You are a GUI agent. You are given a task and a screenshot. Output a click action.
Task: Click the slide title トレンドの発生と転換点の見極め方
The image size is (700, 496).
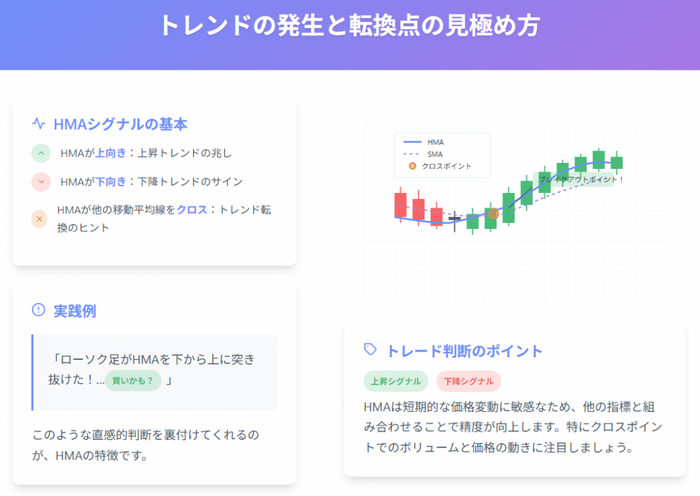click(x=349, y=25)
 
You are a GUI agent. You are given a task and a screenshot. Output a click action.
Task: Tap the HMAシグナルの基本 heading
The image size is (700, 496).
click(x=120, y=125)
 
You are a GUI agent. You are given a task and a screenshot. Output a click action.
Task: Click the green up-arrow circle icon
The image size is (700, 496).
click(x=41, y=153)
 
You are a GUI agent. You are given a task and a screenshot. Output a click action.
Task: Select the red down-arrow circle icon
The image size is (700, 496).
click(x=41, y=182)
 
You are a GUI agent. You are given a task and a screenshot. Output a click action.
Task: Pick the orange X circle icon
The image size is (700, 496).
click(x=39, y=219)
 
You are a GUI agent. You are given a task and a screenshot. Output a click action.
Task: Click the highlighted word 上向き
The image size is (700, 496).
click(x=111, y=153)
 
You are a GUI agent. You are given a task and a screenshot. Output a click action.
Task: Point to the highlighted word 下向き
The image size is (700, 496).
click(x=111, y=182)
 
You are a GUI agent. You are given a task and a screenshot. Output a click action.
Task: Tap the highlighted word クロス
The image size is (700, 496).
click(x=192, y=209)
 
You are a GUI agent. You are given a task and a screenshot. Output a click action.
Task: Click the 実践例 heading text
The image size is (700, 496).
click(x=75, y=311)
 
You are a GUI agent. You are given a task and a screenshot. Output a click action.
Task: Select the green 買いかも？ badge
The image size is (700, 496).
click(x=133, y=380)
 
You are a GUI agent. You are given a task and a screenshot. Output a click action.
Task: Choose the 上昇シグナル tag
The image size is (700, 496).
click(x=396, y=381)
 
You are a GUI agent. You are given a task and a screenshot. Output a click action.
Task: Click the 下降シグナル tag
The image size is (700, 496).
click(x=469, y=381)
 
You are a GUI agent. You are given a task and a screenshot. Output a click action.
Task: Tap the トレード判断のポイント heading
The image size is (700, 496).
click(x=464, y=351)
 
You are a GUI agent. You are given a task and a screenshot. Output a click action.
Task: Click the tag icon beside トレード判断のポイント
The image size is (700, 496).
click(x=371, y=350)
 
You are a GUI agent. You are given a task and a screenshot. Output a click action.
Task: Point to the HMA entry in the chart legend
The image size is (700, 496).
click(x=424, y=142)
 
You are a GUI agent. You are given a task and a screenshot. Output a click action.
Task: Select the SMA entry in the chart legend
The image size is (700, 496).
click(x=423, y=154)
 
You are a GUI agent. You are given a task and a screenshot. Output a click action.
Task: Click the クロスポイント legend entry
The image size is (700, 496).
click(x=440, y=166)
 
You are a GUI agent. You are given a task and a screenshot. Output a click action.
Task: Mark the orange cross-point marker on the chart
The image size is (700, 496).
click(x=494, y=214)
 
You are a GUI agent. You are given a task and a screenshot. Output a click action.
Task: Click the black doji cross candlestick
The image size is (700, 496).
click(x=455, y=221)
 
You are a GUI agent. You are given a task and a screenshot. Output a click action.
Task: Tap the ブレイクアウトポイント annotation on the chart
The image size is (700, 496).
click(x=580, y=180)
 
